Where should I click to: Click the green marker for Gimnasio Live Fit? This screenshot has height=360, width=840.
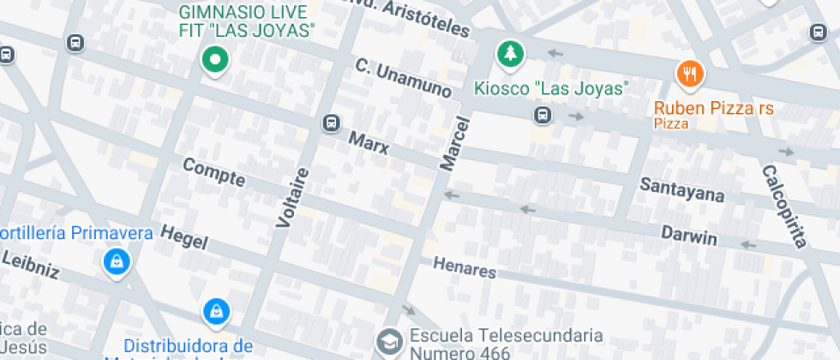[215, 60]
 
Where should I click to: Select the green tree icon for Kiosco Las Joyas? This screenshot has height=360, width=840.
[511, 54]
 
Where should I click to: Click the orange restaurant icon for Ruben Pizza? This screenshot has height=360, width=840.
[690, 74]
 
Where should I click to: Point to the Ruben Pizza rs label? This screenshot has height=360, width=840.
[713, 109]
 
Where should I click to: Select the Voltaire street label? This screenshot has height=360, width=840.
[291, 197]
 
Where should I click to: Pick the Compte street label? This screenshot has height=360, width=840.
[213, 174]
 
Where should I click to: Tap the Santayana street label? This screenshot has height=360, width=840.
[682, 189]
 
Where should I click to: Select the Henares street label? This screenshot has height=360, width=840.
[464, 268]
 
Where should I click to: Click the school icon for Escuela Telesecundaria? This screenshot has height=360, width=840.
[389, 342]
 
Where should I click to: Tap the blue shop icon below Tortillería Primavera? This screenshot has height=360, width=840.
[115, 261]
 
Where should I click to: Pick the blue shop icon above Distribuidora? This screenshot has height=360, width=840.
[216, 310]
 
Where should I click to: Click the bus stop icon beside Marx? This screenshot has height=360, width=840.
[330, 123]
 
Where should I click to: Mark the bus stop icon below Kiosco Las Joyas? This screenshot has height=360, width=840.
[543, 115]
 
